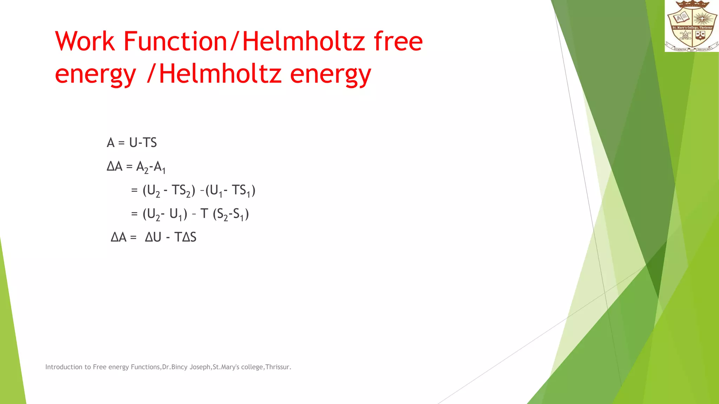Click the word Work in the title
(x=85, y=41)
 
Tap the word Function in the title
(x=175, y=41)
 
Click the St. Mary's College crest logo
(x=692, y=26)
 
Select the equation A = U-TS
(x=132, y=143)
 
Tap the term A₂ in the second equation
(x=142, y=167)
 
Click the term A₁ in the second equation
(x=159, y=167)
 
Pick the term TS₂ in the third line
(x=181, y=191)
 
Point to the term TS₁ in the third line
(x=241, y=191)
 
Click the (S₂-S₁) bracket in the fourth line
(x=231, y=214)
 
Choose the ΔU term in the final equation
(x=153, y=237)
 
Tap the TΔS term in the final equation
(x=185, y=237)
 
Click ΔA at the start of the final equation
(x=118, y=237)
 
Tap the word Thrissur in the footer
(x=277, y=367)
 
